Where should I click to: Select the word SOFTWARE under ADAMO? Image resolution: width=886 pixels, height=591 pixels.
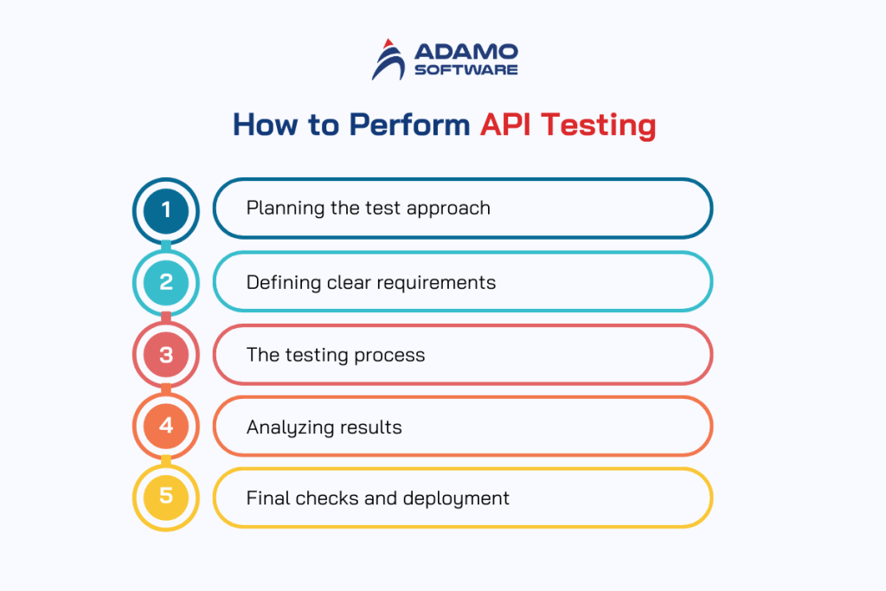(x=465, y=69)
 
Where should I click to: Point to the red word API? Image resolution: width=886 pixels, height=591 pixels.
(x=507, y=125)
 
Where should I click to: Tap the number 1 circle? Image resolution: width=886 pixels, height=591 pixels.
(x=166, y=209)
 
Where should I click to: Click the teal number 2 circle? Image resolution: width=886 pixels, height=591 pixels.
(x=166, y=281)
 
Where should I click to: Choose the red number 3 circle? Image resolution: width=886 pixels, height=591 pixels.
(x=166, y=354)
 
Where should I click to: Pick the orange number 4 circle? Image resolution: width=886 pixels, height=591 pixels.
(x=166, y=426)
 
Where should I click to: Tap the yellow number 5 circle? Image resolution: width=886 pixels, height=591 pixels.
(x=166, y=498)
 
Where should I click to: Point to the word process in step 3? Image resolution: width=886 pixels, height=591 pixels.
(x=394, y=355)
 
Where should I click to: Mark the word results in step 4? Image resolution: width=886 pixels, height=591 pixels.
(x=370, y=427)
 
